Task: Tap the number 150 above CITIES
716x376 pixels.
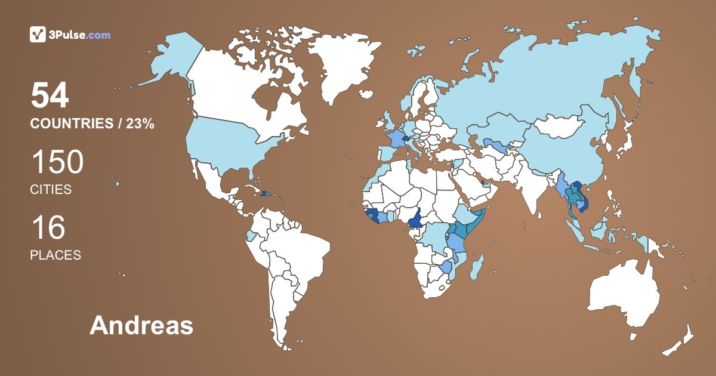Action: tap(57, 162)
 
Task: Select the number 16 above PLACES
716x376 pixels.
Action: tap(48, 228)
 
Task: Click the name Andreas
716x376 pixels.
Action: tap(141, 326)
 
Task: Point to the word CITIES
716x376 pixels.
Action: tap(51, 190)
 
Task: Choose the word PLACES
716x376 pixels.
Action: tap(55, 255)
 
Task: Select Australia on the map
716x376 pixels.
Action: tap(624, 295)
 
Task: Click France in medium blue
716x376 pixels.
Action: tap(395, 141)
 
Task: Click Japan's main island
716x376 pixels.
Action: tap(624, 143)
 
